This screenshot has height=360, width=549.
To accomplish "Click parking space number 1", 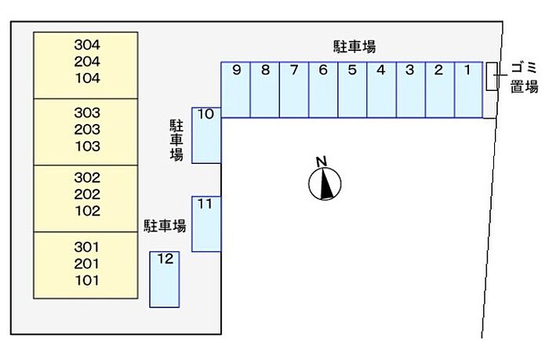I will coord(467,89).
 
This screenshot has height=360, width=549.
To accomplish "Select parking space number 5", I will coord(352,89).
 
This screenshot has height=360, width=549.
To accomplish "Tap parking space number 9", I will coord(236,89).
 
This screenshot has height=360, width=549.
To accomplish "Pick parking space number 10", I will coord(206,134).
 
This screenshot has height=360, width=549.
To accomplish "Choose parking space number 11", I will coord(206,224).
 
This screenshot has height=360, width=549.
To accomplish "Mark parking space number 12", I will coord(165,279).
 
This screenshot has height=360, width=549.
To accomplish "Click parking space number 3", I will coord(410,89).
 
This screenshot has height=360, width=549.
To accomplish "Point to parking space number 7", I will coord(294,89).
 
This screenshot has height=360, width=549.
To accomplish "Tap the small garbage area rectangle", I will coord(491,76).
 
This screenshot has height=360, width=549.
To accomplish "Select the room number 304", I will coord(86,45).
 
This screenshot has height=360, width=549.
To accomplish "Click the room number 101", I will coord(86,280).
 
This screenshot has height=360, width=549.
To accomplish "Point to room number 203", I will coord(86,129).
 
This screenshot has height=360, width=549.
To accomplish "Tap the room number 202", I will coord(86,195).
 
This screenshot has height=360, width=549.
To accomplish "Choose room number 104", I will coord(86,78).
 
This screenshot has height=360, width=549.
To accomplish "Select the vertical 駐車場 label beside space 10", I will coord(176,140).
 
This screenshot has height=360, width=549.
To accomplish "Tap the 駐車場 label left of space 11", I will coord(165,227).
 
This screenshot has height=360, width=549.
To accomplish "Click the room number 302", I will coord(86,178).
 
